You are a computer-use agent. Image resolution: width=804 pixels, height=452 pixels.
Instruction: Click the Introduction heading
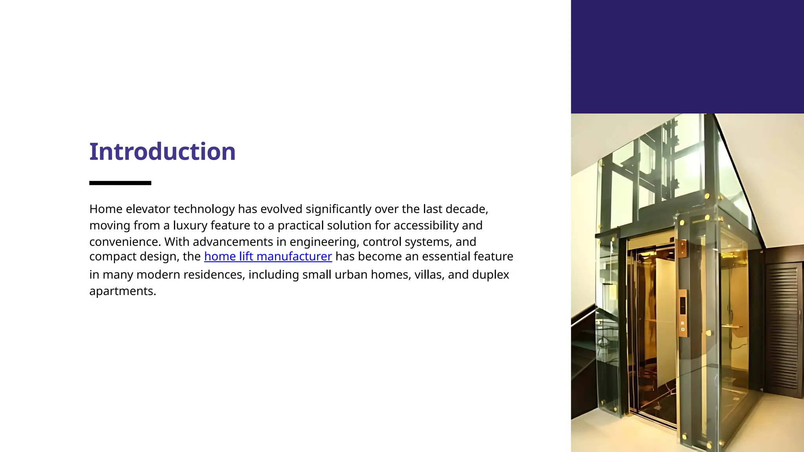(x=162, y=152)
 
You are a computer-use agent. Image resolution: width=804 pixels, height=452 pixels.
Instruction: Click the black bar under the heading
(x=120, y=183)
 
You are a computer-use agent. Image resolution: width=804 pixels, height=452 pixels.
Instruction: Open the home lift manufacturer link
(x=268, y=257)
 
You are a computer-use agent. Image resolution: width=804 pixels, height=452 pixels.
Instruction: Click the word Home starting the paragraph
(x=106, y=209)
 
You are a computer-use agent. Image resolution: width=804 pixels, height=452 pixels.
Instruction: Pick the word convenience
(x=125, y=242)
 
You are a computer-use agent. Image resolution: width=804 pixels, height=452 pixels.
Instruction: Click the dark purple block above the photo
(x=687, y=57)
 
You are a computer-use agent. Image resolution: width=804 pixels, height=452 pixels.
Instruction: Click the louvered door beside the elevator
(x=783, y=326)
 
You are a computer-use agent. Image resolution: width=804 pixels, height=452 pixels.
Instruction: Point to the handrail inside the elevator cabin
(x=733, y=326)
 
